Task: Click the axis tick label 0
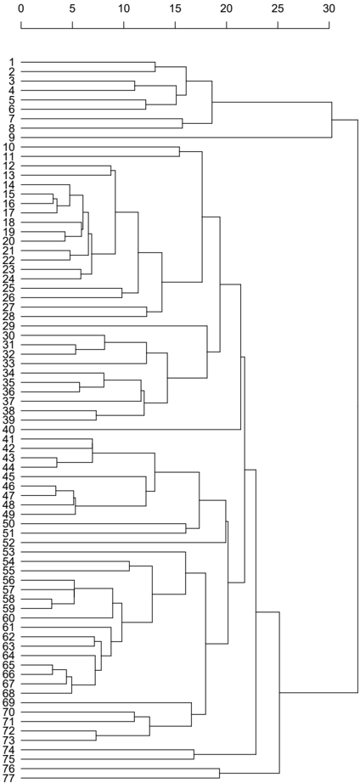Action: [x=21, y=8]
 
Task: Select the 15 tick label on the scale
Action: [x=175, y=8]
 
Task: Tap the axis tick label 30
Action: [x=329, y=8]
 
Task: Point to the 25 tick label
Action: [x=278, y=8]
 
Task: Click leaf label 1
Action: [x=12, y=63]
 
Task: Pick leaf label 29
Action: [x=9, y=325]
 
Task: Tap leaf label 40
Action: [x=9, y=429]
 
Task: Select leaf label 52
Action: [x=9, y=543]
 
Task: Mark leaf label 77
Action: [x=9, y=778]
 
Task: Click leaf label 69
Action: [x=9, y=702]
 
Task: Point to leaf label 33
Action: [x=9, y=363]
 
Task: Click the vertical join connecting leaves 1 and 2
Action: [x=155, y=67]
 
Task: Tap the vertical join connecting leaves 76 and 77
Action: [x=219, y=773]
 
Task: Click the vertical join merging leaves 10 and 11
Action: [x=179, y=151]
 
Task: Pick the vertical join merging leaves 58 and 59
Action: [x=52, y=603]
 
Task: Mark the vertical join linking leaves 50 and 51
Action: [x=186, y=528]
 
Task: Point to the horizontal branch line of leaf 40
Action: [x=131, y=429]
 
